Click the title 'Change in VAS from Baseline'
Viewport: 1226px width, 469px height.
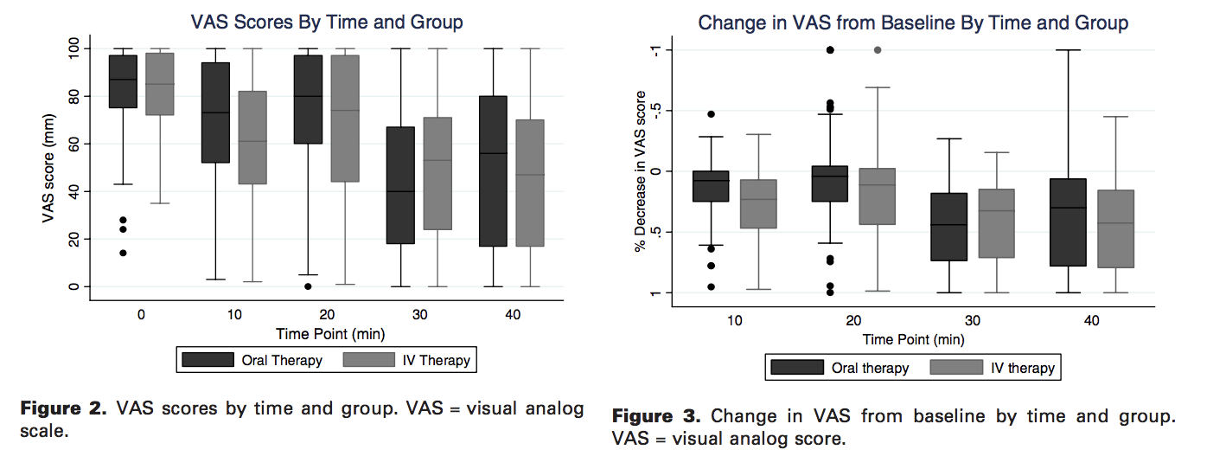point(913,22)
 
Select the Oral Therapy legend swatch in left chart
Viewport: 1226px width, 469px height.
point(208,359)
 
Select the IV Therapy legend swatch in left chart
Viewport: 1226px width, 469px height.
point(371,359)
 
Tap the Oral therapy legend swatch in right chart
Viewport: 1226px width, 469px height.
point(796,367)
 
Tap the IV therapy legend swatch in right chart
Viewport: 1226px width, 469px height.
point(955,367)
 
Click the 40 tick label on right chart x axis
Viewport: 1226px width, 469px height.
point(1091,320)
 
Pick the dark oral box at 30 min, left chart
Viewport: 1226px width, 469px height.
point(400,185)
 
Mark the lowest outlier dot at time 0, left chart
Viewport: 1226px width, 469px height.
point(123,253)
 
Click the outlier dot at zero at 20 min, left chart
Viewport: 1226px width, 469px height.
point(308,286)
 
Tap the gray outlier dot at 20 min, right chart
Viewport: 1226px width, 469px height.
point(878,50)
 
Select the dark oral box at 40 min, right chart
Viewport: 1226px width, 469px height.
point(1067,222)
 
